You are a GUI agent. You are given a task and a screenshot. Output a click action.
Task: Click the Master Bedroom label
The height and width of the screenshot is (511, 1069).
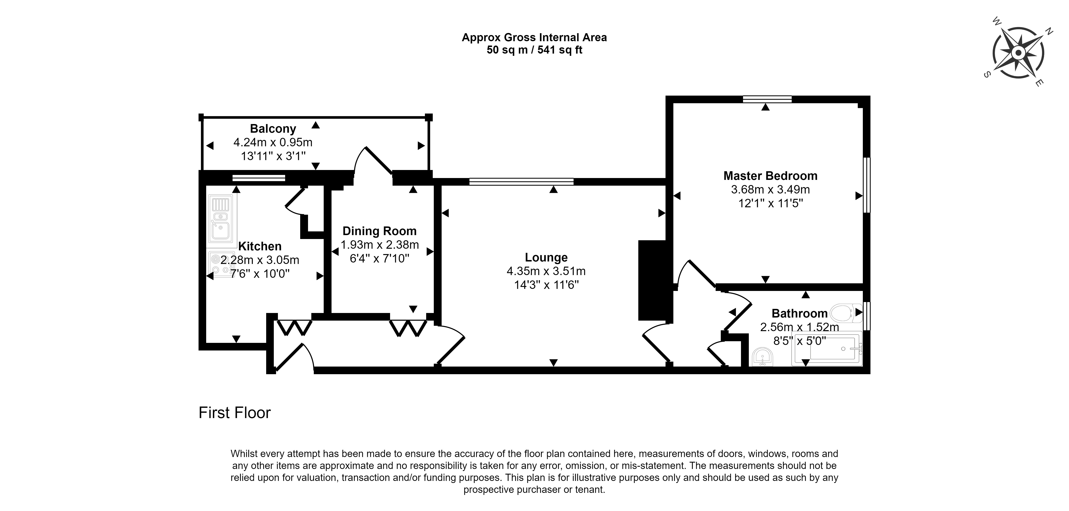770,176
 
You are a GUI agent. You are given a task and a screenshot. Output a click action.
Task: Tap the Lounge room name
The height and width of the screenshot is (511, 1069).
546,258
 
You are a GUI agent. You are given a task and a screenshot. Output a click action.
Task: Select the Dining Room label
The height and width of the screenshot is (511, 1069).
379,231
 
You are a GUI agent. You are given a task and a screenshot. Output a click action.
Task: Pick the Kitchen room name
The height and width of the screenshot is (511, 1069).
260,246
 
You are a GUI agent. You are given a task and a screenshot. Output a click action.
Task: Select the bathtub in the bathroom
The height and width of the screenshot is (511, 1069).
827,348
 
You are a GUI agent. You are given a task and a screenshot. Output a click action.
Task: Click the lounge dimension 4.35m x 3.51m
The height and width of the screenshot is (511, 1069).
546,271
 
